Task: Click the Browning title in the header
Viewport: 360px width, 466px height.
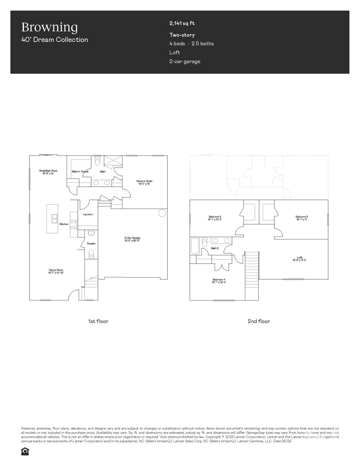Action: tap(49, 27)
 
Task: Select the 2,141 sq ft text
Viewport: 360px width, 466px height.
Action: tap(182, 23)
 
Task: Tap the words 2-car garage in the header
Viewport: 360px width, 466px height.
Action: tap(185, 62)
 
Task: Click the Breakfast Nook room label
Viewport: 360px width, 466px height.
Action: tap(48, 171)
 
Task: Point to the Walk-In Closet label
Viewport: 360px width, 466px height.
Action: tap(80, 172)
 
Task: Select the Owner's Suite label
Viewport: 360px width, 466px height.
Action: tap(144, 181)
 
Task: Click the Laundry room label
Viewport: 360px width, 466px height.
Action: tap(88, 214)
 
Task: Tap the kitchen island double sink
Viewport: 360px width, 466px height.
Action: tap(55, 218)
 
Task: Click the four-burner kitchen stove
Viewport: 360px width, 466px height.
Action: tap(73, 224)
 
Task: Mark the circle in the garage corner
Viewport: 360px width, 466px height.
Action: tap(162, 213)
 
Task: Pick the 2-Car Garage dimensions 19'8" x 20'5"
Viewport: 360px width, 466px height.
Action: tap(132, 241)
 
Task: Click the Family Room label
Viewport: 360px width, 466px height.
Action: tap(56, 270)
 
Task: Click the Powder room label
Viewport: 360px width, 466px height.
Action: tap(91, 244)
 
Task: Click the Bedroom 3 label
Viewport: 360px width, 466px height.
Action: tap(302, 217)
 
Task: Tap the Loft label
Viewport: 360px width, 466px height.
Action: tap(300, 258)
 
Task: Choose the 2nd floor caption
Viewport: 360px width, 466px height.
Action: tap(259, 321)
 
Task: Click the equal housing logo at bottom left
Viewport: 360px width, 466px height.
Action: tap(25, 451)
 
